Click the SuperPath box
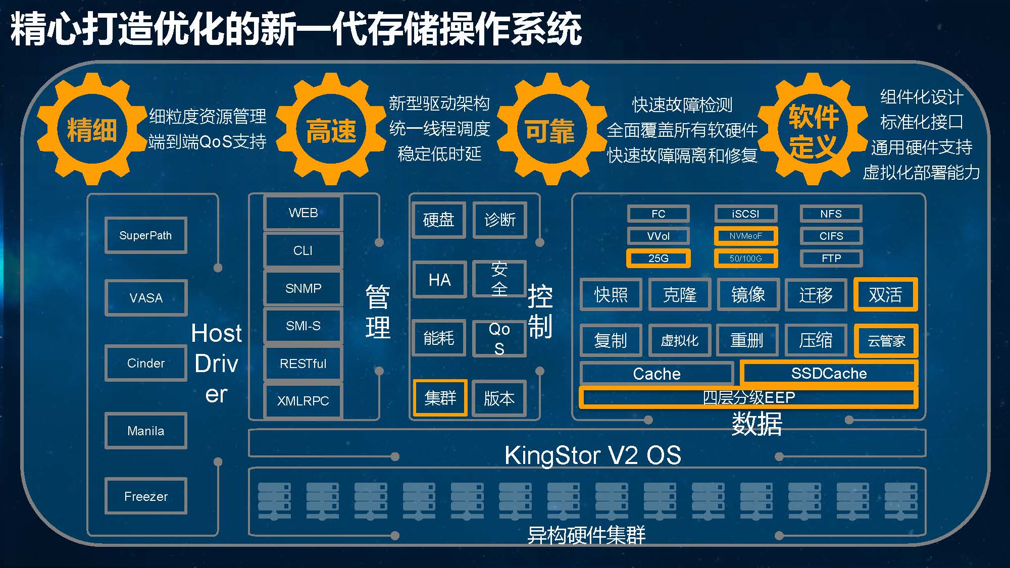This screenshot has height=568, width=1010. [x=146, y=235]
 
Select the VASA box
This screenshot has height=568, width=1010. [x=146, y=298]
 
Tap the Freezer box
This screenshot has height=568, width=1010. [x=146, y=496]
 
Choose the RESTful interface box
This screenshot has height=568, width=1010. [x=303, y=364]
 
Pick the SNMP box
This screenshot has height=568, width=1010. [x=303, y=288]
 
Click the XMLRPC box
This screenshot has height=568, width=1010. [x=303, y=401]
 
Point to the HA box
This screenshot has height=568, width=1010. [x=439, y=280]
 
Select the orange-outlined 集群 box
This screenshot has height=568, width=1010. [x=440, y=398]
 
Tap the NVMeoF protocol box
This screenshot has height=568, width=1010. [x=746, y=236]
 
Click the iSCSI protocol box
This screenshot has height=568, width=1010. [x=746, y=214]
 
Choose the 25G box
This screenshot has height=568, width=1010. [x=658, y=259]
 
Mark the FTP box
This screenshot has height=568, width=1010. [x=831, y=259]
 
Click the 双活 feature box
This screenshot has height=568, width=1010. [x=885, y=294]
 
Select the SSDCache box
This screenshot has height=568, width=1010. [x=829, y=373]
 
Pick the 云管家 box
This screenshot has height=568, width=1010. [x=886, y=341]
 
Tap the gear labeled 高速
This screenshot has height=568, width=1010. [x=331, y=129]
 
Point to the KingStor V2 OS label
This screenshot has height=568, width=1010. [x=593, y=455]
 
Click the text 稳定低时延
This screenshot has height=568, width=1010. [x=439, y=153]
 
